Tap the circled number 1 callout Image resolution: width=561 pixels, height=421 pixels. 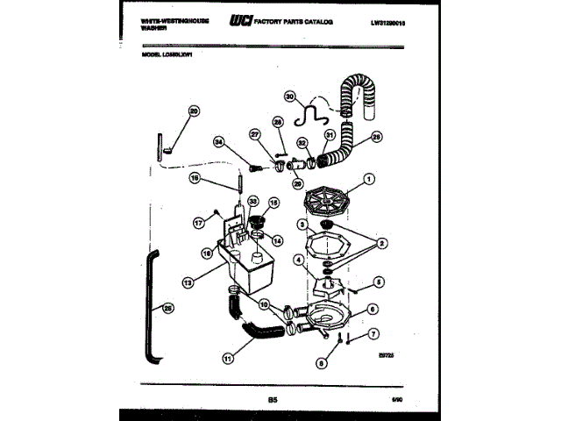click(x=369, y=181)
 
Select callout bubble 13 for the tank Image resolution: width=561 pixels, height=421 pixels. click(x=188, y=283)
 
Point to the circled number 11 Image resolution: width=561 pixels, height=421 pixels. click(x=228, y=358)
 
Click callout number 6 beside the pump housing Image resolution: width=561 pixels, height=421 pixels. click(x=373, y=309)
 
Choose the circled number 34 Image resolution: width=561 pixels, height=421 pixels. click(x=219, y=142)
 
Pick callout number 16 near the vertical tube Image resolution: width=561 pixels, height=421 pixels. click(x=195, y=179)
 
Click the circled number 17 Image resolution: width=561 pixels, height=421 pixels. click(x=198, y=223)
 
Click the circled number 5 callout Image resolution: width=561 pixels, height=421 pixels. click(x=379, y=282)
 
